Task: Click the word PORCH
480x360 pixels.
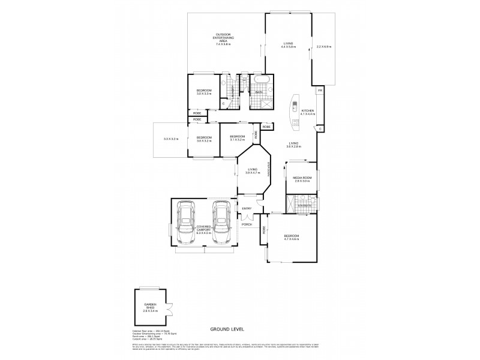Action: [247, 225]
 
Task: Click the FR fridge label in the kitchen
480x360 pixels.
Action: [320, 91]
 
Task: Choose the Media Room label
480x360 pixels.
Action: [302, 179]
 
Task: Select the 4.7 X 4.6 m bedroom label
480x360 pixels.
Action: [291, 238]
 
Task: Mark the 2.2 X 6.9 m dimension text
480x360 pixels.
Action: [324, 47]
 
